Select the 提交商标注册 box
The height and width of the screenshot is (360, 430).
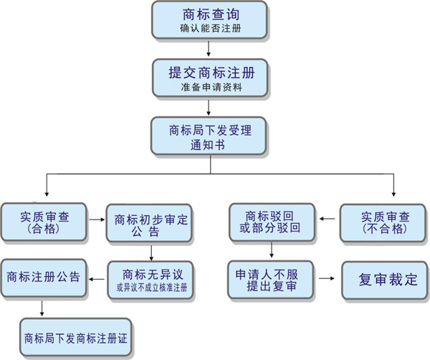[209, 78]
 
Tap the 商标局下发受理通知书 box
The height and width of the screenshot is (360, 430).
[209, 136]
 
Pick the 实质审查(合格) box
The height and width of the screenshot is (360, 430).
[44, 222]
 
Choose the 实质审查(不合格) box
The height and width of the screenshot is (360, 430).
[384, 222]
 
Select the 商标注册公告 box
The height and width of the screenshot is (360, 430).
[44, 275]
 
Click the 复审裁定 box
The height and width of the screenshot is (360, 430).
[384, 279]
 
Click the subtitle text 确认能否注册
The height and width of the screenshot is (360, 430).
[209, 29]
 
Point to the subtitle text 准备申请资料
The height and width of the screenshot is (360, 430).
[209, 89]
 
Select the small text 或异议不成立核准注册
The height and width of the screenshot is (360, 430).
[152, 288]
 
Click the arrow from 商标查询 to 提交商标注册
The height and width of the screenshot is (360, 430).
[209, 49]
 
